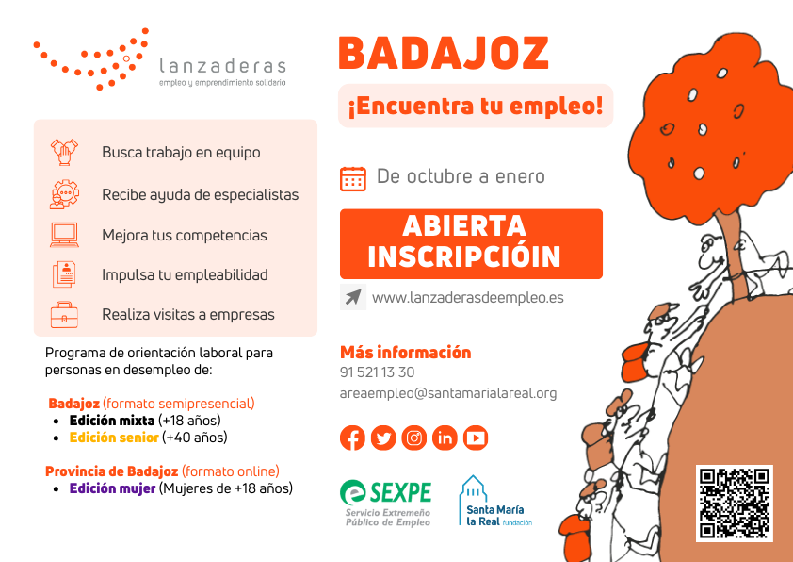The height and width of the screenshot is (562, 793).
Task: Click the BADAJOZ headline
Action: point(444,53)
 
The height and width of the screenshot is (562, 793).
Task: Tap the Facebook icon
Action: point(352,438)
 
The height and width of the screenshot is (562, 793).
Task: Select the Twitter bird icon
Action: point(383,438)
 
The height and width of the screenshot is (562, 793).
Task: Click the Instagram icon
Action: point(414,438)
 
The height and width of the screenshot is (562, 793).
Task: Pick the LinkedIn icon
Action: point(445,438)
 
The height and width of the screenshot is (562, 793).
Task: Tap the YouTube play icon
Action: point(476,438)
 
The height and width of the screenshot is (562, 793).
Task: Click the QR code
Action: point(735,504)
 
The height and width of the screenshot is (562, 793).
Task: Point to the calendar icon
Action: point(353,179)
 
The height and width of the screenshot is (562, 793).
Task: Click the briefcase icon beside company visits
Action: point(64,315)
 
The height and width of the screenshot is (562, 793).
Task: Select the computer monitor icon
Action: point(64,235)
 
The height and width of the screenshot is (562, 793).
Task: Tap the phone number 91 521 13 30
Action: point(378,372)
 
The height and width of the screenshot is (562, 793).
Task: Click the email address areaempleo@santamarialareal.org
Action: point(448,393)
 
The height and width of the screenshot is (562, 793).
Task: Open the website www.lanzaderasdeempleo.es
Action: point(468,298)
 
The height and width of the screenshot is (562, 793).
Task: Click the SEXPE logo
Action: point(386,504)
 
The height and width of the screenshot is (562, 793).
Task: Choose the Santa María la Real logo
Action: point(495,502)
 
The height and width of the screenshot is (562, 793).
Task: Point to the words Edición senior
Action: point(114,438)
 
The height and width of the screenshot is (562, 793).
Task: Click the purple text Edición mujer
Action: point(112,488)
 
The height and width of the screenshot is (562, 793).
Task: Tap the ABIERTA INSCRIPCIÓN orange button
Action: point(471,244)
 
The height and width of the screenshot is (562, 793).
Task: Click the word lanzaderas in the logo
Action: point(222,66)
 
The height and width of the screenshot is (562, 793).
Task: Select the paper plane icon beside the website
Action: point(353,297)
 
